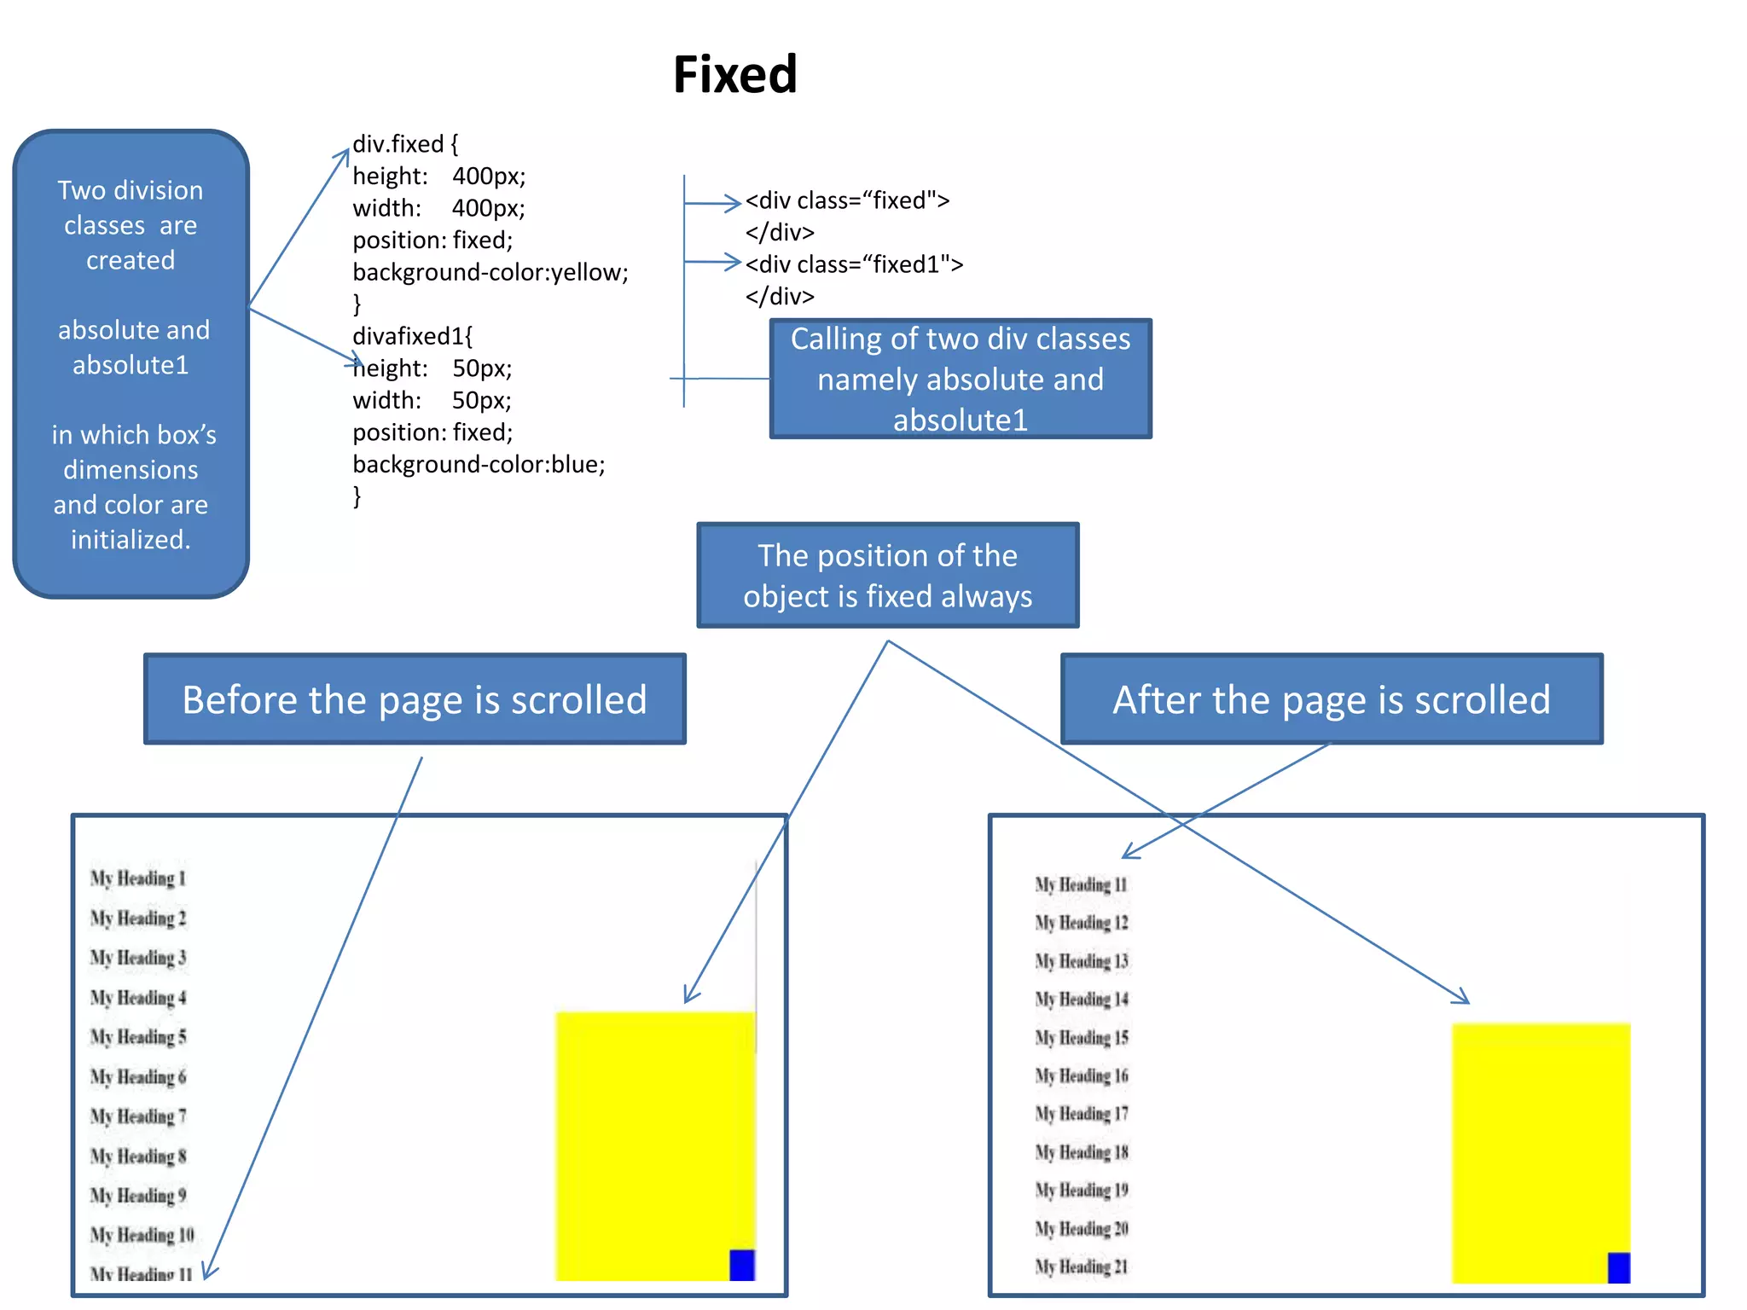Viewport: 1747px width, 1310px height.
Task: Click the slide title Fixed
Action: pyautogui.click(x=734, y=75)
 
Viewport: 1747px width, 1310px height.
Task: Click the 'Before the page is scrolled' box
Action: pyautogui.click(x=415, y=699)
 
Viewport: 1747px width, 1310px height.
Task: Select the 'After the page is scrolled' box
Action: pyautogui.click(x=1331, y=699)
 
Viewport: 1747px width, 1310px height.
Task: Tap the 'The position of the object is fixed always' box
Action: pyautogui.click(x=887, y=576)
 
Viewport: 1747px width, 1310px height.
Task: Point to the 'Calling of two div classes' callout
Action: pyautogui.click(x=961, y=379)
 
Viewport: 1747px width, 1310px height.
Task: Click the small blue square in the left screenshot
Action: pyautogui.click(x=742, y=1265)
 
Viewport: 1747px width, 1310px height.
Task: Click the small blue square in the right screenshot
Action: pyautogui.click(x=1618, y=1267)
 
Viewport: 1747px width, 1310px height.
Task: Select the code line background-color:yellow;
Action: pyautogui.click(x=490, y=272)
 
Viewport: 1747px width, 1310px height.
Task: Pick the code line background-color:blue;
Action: pyautogui.click(x=479, y=464)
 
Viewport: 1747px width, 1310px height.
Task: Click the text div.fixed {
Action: pyautogui.click(x=405, y=143)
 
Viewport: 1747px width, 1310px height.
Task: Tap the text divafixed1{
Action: pyautogui.click(x=412, y=336)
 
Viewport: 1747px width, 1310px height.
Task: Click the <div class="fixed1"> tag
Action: pyautogui.click(x=854, y=264)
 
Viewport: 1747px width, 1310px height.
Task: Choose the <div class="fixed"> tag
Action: pyautogui.click(x=847, y=200)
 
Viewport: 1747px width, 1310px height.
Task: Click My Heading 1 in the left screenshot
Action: pyautogui.click(x=138, y=878)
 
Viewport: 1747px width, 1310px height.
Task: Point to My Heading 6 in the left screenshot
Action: pyautogui.click(x=138, y=1077)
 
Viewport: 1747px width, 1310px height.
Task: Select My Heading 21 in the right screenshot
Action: pyautogui.click(x=1081, y=1267)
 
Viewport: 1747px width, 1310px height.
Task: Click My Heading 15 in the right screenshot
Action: pyautogui.click(x=1081, y=1038)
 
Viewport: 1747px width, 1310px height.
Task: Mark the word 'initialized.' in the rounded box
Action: pyautogui.click(x=131, y=540)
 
